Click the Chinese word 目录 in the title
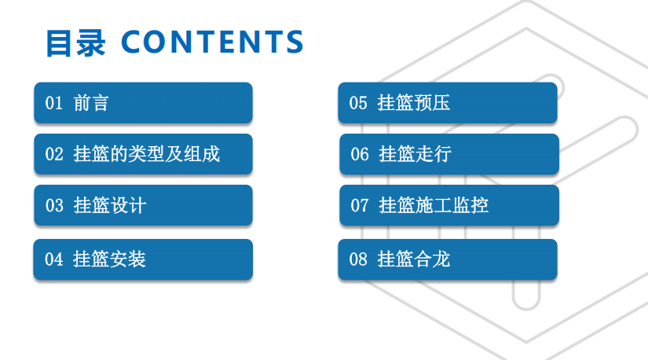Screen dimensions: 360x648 coord(75,43)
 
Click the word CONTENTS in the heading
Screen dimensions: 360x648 coord(212,43)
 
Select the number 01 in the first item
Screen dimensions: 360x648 coord(53,103)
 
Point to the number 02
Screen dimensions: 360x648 coord(53,154)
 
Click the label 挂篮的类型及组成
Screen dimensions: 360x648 coord(146,154)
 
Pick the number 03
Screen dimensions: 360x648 coord(53,206)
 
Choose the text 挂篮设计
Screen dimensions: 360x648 coord(109,206)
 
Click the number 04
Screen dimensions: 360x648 coord(53,259)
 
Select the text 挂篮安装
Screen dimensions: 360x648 coord(109,259)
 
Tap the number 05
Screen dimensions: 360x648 coord(358,103)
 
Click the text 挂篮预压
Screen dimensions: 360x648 coord(414,103)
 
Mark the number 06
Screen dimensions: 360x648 coord(359,154)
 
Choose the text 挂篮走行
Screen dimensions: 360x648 coord(415,154)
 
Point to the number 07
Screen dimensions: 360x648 coord(359,206)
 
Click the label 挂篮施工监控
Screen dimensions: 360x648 coord(434,206)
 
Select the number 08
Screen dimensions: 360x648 coord(358,259)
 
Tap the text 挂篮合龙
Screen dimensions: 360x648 coord(414,259)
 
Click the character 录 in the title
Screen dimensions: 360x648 coord(90,43)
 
